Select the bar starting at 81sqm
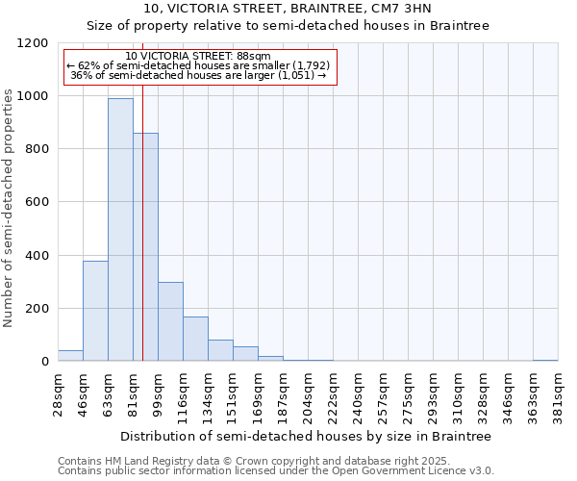click(x=145, y=247)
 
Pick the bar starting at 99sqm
click(x=170, y=321)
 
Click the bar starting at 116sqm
click(x=195, y=339)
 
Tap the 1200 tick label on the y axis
click(x=33, y=43)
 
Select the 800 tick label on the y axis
click(x=37, y=149)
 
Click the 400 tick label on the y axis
click(x=37, y=256)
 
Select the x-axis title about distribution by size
click(x=305, y=436)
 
